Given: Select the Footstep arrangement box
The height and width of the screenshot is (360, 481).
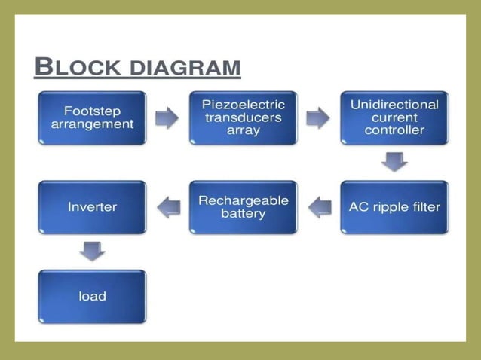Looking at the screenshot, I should [92, 117].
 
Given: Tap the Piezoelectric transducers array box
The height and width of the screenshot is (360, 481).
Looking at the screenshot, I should [243, 117].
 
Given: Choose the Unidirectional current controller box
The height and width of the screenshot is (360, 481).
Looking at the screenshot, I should [394, 117].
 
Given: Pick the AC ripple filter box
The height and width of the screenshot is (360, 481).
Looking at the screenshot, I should [394, 206].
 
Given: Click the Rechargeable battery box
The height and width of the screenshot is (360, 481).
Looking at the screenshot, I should [243, 206].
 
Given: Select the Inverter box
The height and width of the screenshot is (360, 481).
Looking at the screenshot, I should [92, 206].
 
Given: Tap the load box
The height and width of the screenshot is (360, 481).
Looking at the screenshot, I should [92, 296].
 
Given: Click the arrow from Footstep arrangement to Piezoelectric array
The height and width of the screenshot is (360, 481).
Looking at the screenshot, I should [167, 117].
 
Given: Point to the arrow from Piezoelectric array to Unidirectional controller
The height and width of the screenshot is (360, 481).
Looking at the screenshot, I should [318, 117].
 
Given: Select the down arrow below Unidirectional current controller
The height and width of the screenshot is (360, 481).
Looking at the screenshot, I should [394, 161].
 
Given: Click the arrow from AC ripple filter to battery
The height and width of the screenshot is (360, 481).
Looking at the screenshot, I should [320, 206].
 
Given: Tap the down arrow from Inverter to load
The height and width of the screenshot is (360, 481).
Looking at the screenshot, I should [92, 251].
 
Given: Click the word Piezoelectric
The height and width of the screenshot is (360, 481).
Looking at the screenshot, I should [243, 105].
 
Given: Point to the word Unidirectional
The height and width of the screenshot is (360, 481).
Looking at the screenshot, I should [394, 105].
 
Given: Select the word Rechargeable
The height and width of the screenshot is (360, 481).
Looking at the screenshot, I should [243, 200].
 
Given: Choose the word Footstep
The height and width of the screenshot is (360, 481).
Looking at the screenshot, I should [92, 110].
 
